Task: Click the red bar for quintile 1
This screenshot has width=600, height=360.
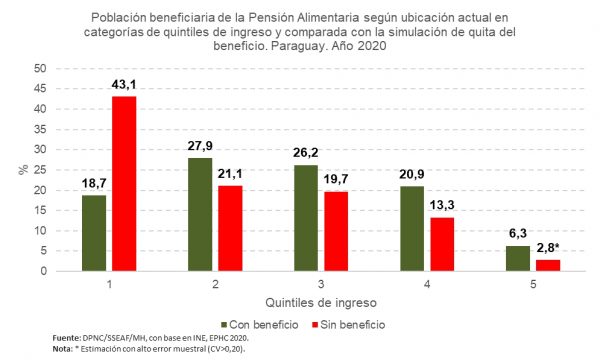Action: point(124,184)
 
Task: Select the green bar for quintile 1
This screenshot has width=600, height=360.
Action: point(93,233)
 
